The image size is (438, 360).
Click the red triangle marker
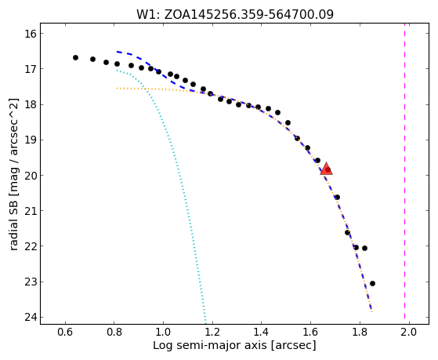tap(326, 169)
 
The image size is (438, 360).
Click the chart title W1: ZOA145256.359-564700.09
tap(235, 15)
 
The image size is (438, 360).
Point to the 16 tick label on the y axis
tap(31, 34)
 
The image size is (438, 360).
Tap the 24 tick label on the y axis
tap(31, 317)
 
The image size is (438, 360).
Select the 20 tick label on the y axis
tap(31, 176)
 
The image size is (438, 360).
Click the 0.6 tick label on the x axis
tap(65, 333)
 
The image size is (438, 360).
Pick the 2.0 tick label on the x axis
tap(409, 333)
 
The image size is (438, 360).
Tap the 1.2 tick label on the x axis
tap(212, 333)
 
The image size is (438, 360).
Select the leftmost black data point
tap(75, 57)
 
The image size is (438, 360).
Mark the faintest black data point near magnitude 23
tap(372, 283)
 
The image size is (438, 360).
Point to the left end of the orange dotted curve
tap(118, 89)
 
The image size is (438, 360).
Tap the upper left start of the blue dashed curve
tap(118, 52)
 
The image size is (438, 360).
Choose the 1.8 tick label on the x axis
tap(360, 333)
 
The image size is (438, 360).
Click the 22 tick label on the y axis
tap(31, 246)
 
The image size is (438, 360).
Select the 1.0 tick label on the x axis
tap(163, 333)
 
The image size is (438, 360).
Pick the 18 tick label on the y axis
tap(31, 104)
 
